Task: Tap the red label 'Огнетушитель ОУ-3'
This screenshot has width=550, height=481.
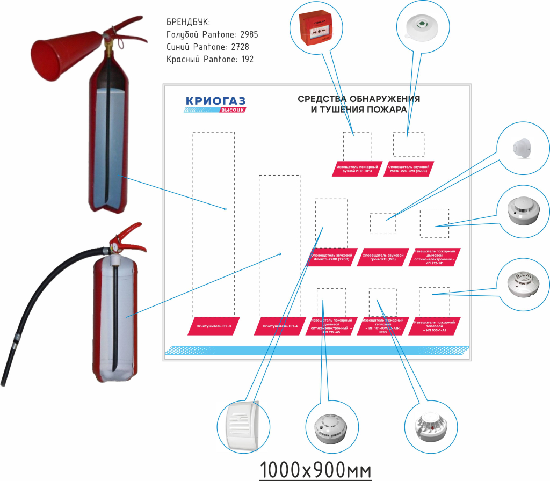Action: coord(213,325)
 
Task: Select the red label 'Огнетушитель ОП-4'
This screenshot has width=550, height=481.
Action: coord(279,325)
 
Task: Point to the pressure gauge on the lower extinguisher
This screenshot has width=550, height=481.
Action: coord(114,249)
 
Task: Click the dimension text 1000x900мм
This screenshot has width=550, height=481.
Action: coord(315,468)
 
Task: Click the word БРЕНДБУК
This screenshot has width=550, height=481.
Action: coord(189,23)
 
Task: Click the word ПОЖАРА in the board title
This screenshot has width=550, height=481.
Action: coord(383,110)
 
